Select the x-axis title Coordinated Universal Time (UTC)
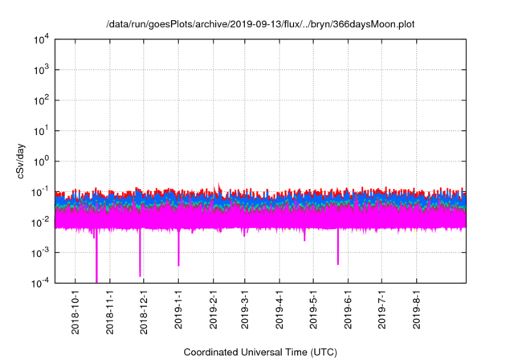pyautogui.click(x=261, y=352)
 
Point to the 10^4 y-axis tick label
pyautogui.click(x=43, y=39)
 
